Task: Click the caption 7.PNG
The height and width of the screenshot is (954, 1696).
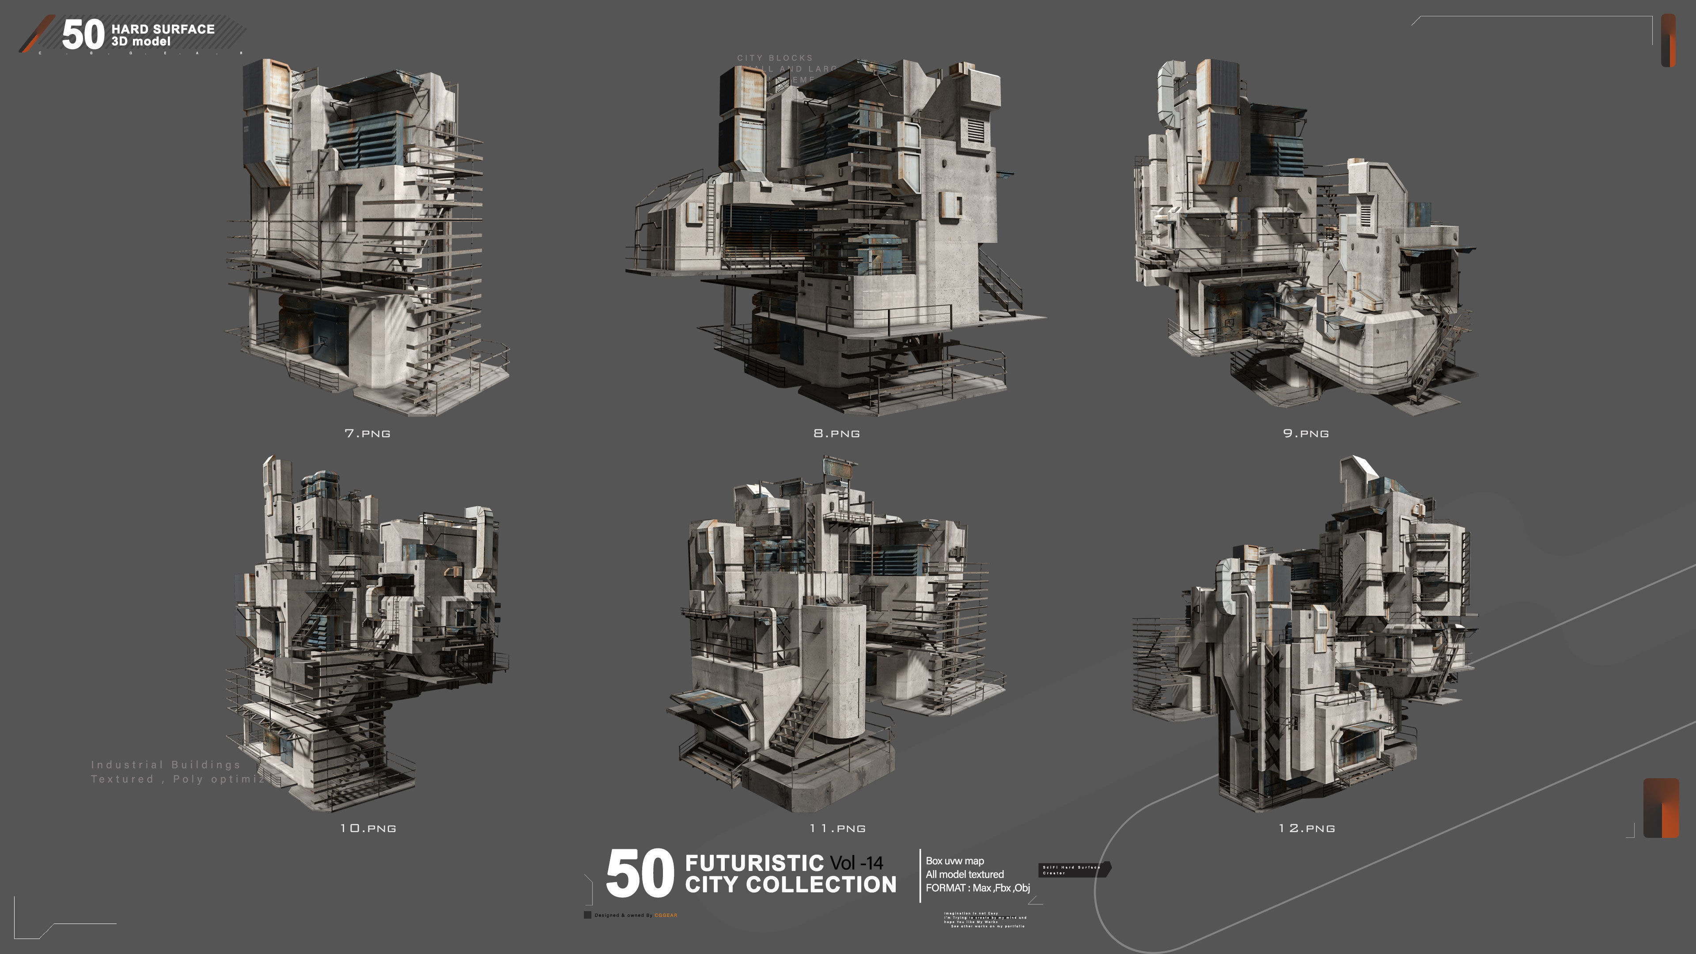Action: coord(367,433)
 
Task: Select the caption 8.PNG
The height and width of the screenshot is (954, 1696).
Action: coord(836,433)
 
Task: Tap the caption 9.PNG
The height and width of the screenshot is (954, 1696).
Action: coord(1306,433)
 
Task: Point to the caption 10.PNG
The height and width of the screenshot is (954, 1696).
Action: coord(367,828)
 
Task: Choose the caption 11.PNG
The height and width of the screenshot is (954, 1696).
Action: coord(837,828)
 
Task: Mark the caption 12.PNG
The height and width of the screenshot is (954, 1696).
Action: coord(1306,828)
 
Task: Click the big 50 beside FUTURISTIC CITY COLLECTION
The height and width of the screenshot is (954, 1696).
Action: coord(639,874)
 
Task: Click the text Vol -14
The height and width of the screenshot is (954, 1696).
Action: coord(856,863)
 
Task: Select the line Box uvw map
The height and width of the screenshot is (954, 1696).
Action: coord(954,860)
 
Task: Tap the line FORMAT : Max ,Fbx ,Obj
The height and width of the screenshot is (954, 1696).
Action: coord(977,887)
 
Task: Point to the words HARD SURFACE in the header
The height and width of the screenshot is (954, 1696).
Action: coord(163,29)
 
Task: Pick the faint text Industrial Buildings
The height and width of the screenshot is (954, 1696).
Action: coord(165,765)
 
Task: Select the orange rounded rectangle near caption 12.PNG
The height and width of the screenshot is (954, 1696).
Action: coord(1661,808)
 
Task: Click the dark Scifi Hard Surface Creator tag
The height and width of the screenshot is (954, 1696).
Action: coord(1073,870)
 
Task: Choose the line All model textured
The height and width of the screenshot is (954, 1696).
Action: coord(965,874)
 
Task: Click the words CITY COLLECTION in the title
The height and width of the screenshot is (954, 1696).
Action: coord(790,884)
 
